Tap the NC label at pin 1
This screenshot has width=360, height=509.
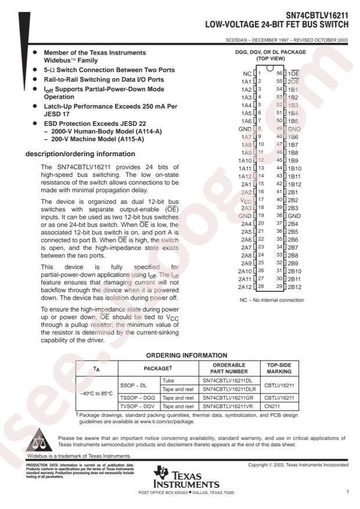point(247,74)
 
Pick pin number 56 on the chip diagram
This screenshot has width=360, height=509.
point(279,74)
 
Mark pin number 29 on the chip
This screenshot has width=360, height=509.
point(279,287)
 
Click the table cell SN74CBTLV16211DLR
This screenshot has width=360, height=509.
point(228,389)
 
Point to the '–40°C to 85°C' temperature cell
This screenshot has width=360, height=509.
point(97,394)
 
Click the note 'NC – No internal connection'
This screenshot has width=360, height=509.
point(271,300)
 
